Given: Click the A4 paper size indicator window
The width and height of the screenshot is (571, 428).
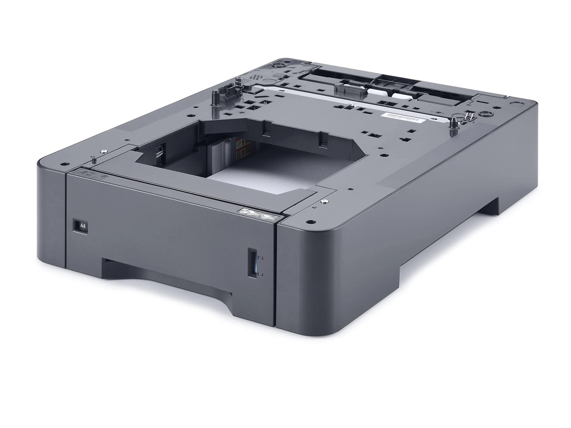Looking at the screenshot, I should pos(80,226).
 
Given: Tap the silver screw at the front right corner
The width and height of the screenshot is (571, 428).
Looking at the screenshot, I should pos(323,202).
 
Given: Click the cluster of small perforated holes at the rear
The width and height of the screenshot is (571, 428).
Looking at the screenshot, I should pos(256,77).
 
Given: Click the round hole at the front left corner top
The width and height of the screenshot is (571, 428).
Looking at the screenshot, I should pos(64,164).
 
